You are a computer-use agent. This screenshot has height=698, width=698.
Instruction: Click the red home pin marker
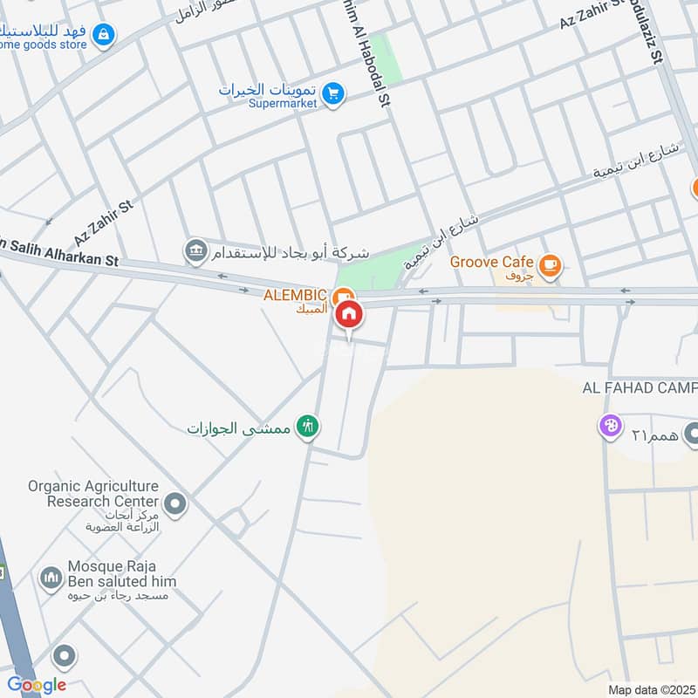[349, 315]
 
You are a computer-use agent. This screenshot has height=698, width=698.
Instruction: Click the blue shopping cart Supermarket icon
[332, 92]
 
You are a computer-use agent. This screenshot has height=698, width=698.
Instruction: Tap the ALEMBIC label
[295, 295]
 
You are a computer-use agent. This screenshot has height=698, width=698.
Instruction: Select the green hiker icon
[307, 427]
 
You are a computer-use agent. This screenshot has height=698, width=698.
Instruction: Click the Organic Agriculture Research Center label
[92, 494]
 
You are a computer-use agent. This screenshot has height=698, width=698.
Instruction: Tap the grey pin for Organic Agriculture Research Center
[175, 503]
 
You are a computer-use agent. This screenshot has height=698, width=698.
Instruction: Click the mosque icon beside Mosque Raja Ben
[51, 578]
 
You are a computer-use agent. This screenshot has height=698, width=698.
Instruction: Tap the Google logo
[36, 685]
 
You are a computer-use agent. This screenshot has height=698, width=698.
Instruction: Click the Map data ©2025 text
[650, 690]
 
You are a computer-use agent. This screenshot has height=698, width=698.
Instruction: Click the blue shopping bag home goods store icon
[105, 35]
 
